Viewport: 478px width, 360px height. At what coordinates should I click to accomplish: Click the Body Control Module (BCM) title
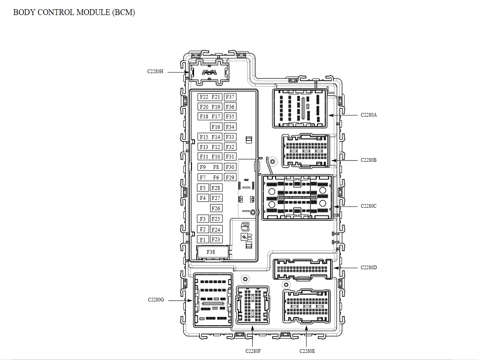pyautogui.click(x=74, y=13)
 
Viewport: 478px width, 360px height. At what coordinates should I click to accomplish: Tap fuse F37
pyautogui.click(x=230, y=97)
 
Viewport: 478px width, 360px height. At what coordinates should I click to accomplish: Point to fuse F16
pyautogui.click(x=216, y=127)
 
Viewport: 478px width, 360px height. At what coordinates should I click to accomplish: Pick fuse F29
pyautogui.click(x=230, y=177)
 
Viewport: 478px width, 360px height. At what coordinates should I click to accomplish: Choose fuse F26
pyautogui.click(x=216, y=209)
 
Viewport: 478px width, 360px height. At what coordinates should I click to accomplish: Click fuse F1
pyautogui.click(x=203, y=240)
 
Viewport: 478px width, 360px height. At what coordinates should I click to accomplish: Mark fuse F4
pyautogui.click(x=203, y=198)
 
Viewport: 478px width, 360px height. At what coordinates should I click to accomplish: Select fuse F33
pyautogui.click(x=230, y=137)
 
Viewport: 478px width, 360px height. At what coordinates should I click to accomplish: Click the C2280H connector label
pyautogui.click(x=155, y=71)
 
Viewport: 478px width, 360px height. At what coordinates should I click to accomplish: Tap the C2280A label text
pyautogui.click(x=368, y=115)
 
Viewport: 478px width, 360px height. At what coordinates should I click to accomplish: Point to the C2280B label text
pyautogui.click(x=368, y=160)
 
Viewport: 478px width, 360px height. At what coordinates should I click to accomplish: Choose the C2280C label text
pyautogui.click(x=368, y=206)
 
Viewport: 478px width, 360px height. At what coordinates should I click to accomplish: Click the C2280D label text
pyautogui.click(x=368, y=267)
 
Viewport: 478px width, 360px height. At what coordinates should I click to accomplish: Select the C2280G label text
pyautogui.click(x=156, y=300)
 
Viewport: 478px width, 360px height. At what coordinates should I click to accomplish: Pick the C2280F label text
pyautogui.click(x=253, y=351)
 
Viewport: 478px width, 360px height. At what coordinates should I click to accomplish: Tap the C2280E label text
pyautogui.click(x=307, y=351)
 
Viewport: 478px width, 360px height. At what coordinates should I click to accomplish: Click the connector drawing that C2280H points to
pyautogui.click(x=209, y=72)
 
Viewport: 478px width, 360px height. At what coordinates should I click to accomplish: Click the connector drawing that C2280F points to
pyautogui.click(x=253, y=305)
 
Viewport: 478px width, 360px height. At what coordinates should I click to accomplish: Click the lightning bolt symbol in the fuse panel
pyautogui.click(x=244, y=237)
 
